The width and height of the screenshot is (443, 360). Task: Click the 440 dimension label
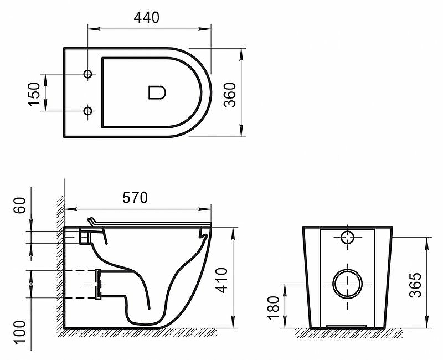pos(146,18)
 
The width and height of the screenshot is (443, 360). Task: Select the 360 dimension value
pos(229,95)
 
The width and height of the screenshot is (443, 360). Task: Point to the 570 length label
pos(135,198)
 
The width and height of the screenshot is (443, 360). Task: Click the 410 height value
pos(221,280)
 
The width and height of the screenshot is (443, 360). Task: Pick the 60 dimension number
pos(20,205)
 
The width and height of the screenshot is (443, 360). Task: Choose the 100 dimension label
pos(20,332)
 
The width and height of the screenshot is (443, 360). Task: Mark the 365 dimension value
pos(415,285)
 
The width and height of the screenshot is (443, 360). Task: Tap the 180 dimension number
pos(274,308)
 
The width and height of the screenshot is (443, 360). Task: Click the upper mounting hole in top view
pos(88,74)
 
